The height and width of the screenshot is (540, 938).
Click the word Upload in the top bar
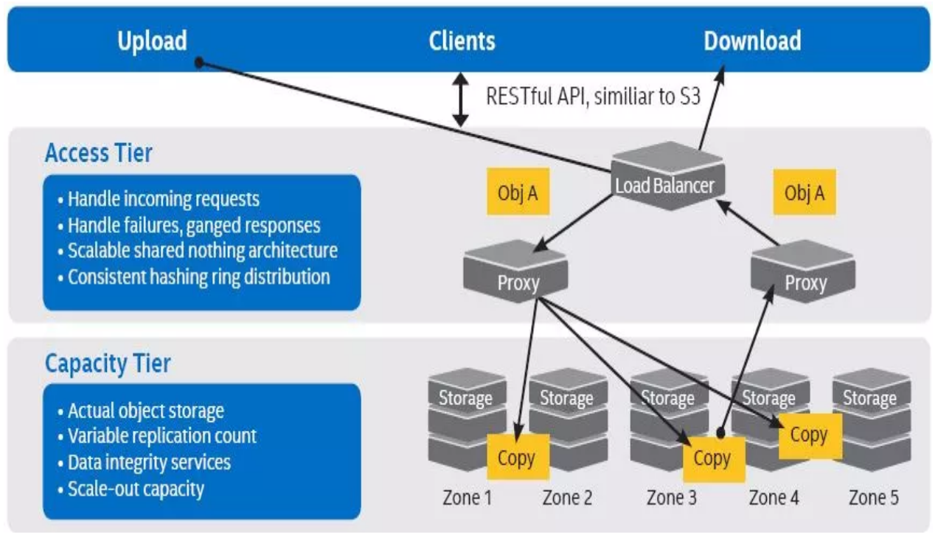tap(152, 41)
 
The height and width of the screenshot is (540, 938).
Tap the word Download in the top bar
tap(752, 41)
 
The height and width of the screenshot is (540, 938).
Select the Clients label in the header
tap(462, 41)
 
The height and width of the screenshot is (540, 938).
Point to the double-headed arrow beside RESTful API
tap(461, 99)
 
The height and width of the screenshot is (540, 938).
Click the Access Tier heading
tap(99, 153)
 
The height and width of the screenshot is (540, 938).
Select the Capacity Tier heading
tap(108, 364)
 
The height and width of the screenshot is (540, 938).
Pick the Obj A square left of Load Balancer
tap(518, 193)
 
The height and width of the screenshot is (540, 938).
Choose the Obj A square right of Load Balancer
tap(805, 193)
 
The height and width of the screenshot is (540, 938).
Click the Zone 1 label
tap(467, 498)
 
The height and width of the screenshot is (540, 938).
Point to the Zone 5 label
tap(874, 498)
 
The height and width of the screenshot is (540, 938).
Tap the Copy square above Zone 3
tap(713, 459)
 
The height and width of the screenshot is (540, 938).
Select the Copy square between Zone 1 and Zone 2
tap(517, 458)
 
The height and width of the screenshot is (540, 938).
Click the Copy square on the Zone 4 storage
tap(809, 435)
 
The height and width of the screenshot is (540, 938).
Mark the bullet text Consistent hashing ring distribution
tap(198, 277)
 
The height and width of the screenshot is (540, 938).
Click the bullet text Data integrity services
tap(149, 463)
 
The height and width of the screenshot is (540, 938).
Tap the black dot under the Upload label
tap(199, 63)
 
